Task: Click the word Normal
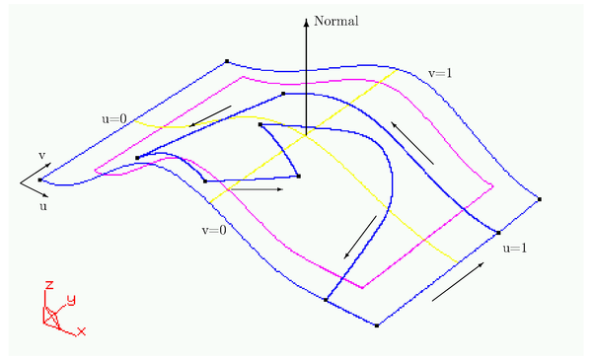point(335,20)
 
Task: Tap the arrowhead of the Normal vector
point(306,19)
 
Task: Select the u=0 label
point(114,119)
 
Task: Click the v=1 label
point(442,71)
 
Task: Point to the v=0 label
point(212,230)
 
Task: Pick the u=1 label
point(514,247)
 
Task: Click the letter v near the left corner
point(41,155)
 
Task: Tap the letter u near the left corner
point(42,208)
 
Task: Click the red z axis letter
point(47,286)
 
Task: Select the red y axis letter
point(70,298)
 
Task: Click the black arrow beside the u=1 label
point(459,281)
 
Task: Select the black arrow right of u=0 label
point(211,116)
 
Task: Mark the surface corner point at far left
point(39,180)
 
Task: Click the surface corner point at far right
point(541,199)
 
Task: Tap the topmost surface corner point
point(227,61)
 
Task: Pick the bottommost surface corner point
point(377,325)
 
